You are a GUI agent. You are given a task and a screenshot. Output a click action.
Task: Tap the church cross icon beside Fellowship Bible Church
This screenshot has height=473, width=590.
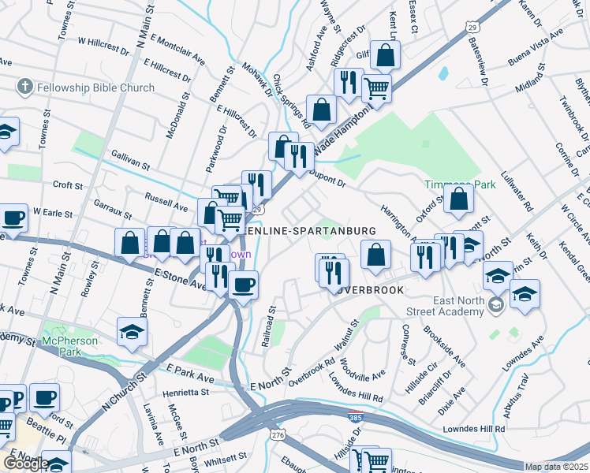point(24,87)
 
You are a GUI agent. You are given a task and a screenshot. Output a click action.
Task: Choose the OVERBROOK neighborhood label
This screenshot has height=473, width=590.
point(366,289)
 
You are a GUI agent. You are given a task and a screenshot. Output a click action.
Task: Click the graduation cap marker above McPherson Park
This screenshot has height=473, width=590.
point(133,332)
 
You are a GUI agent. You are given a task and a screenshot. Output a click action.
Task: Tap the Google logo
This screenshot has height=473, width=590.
point(26,464)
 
